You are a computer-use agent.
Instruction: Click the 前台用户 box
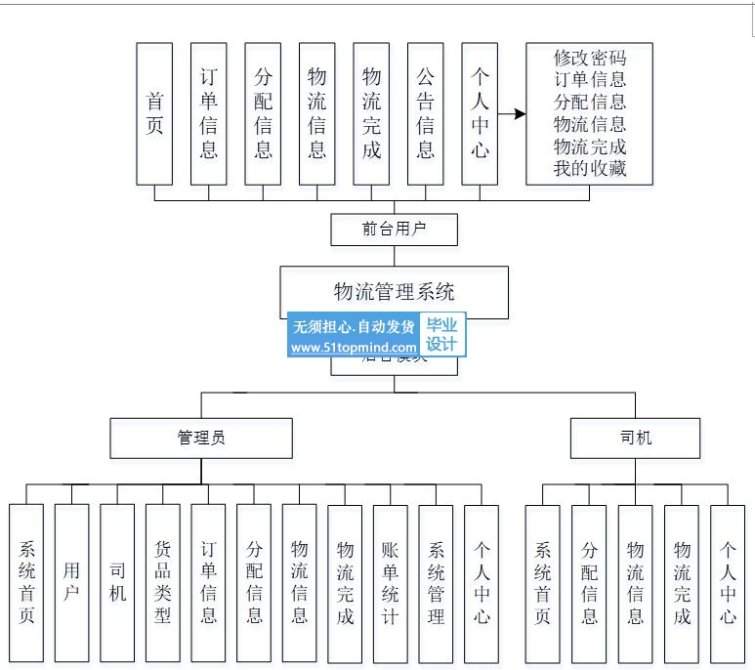click(394, 230)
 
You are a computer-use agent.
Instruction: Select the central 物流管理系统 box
click(394, 290)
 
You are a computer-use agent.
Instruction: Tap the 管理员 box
click(201, 438)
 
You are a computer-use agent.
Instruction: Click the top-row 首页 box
click(154, 113)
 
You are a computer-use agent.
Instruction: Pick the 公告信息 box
click(425, 113)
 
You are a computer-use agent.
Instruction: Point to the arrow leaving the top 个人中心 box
click(512, 114)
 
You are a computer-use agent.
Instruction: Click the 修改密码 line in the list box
click(589, 58)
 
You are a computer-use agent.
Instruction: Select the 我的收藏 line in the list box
click(589, 169)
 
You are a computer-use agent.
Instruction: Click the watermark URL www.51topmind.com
click(353, 347)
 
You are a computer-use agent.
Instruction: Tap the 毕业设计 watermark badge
click(441, 335)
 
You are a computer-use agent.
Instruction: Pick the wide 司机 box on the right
click(635, 438)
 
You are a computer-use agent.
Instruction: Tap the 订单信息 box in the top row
click(208, 113)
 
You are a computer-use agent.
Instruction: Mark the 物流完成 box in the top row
click(371, 113)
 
